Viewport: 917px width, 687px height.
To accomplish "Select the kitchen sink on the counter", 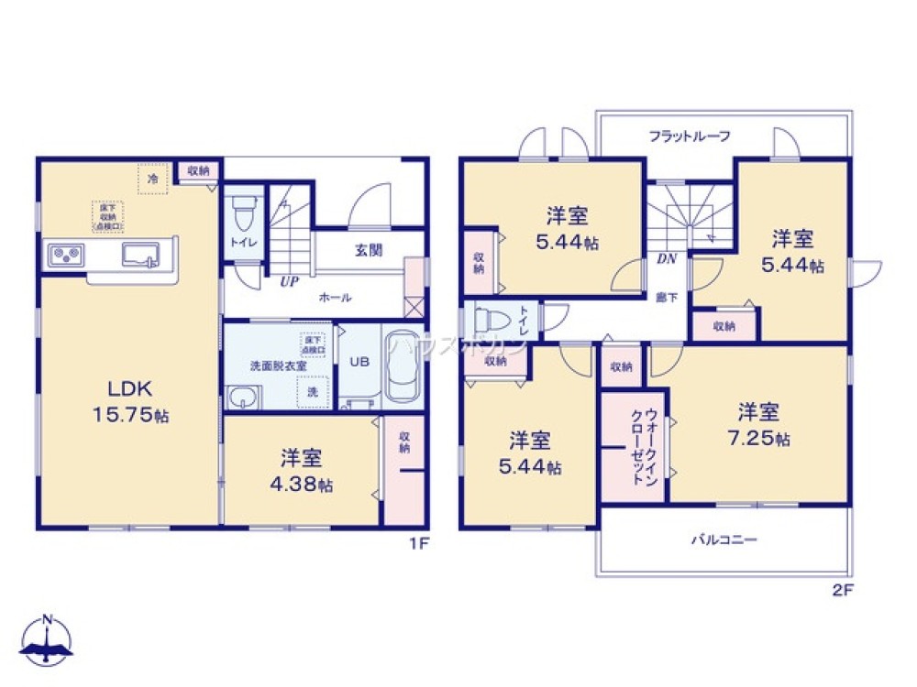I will [141, 253].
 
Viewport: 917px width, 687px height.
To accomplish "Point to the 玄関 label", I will [369, 250].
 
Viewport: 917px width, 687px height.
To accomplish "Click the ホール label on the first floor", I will [335, 298].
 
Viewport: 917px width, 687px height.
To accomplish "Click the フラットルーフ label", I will [690, 136].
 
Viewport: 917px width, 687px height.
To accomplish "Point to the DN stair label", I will [667, 259].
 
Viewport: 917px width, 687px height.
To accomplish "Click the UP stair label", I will [289, 281].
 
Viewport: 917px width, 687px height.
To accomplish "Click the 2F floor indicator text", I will [843, 590].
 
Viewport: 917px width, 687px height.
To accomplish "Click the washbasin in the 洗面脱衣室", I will [242, 397].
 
